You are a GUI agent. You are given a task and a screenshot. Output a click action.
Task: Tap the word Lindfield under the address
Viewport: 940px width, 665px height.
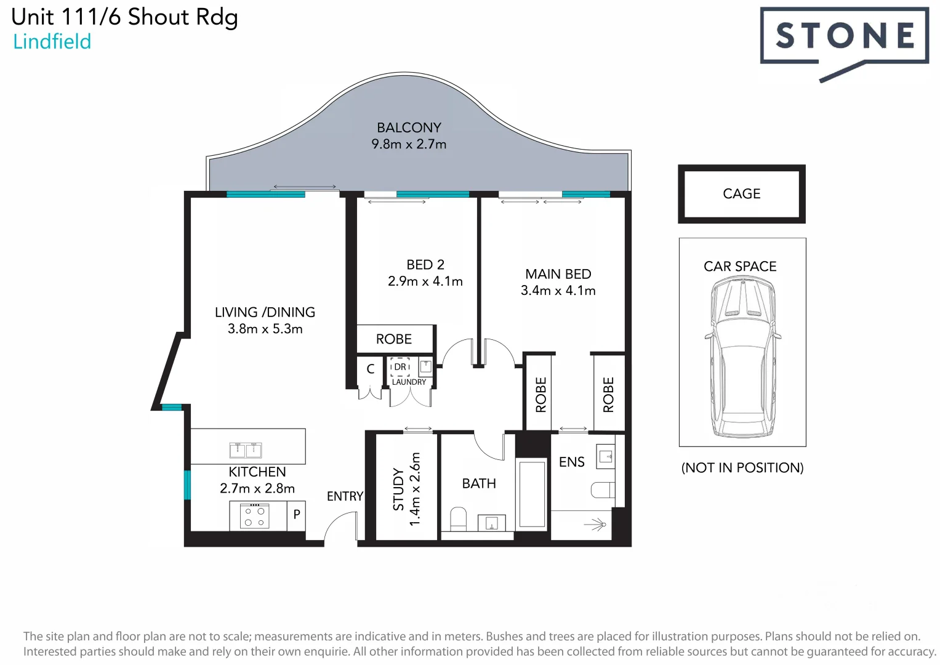point(52,42)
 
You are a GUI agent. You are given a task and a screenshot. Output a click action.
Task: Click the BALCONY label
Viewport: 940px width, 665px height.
point(409,127)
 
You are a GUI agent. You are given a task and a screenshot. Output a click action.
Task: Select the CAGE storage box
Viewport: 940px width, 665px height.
point(741,193)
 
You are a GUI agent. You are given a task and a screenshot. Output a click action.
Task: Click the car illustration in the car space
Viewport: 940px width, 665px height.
point(742,357)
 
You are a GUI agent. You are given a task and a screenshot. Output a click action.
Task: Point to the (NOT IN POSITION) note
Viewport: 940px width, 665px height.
point(742,468)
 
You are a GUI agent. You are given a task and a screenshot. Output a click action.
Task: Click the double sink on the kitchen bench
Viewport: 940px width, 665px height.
point(246,450)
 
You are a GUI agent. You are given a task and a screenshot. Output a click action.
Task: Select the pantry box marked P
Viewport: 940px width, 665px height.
point(297,514)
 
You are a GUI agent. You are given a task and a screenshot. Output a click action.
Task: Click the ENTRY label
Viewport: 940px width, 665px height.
point(345,496)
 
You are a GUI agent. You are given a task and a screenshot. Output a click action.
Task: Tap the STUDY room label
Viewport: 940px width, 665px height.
point(399,490)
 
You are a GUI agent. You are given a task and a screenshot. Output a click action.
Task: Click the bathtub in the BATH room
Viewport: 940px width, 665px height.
point(531,494)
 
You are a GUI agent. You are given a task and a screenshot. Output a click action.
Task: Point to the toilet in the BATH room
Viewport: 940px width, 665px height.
point(458,519)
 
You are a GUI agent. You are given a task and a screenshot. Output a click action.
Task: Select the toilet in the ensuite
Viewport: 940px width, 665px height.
point(603,490)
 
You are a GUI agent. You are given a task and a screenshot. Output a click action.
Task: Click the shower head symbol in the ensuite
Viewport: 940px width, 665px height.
point(597,525)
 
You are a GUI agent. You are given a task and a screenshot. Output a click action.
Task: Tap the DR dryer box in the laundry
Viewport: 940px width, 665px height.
point(400,367)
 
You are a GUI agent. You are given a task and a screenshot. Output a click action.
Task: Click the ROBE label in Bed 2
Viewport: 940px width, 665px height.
point(394,339)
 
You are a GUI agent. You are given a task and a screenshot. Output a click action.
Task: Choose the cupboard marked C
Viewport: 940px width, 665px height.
point(371,369)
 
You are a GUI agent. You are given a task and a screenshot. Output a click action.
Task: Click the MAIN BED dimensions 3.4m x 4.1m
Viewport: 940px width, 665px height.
point(558,291)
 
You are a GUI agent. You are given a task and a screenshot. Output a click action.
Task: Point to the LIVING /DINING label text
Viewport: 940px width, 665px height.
point(265,312)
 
